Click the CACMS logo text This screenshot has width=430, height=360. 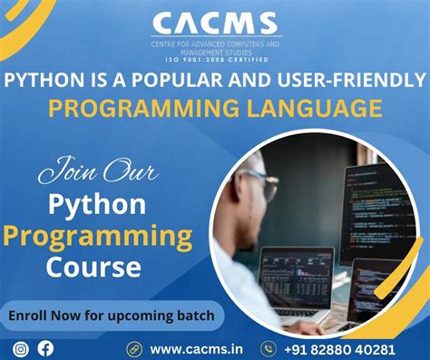(x=215, y=23)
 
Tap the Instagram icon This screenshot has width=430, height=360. (x=21, y=347)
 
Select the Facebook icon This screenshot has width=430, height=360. (x=45, y=347)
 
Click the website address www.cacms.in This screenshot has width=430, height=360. (x=195, y=348)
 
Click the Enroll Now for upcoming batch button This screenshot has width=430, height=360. (x=112, y=316)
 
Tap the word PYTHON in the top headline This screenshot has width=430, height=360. (x=37, y=81)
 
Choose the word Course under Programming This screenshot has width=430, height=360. (x=96, y=268)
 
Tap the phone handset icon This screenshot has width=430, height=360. (x=269, y=348)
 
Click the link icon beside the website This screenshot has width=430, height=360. (x=134, y=348)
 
